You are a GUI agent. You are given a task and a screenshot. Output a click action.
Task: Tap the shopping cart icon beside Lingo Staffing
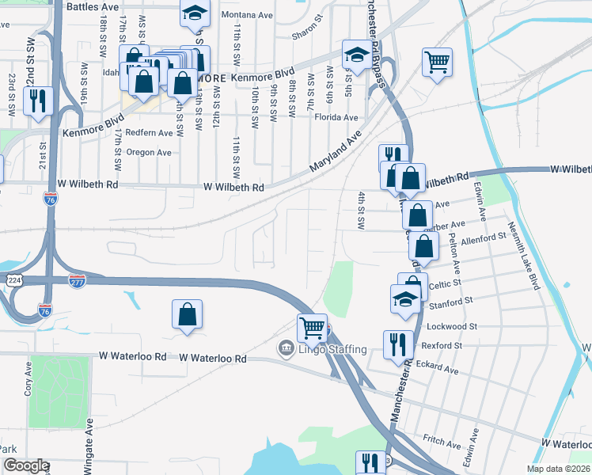(x=312, y=327)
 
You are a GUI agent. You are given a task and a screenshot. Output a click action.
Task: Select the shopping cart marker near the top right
(x=437, y=62)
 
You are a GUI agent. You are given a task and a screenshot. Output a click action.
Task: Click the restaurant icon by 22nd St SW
(x=37, y=101)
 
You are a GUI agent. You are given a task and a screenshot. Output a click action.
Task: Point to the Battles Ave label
(x=93, y=6)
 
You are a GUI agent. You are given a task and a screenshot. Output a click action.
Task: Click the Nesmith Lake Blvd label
(x=527, y=255)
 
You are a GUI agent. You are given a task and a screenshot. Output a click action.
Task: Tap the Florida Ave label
(x=336, y=117)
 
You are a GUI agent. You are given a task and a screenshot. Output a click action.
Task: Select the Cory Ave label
(x=28, y=379)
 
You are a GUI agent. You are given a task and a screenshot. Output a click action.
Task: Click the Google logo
(x=25, y=465)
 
